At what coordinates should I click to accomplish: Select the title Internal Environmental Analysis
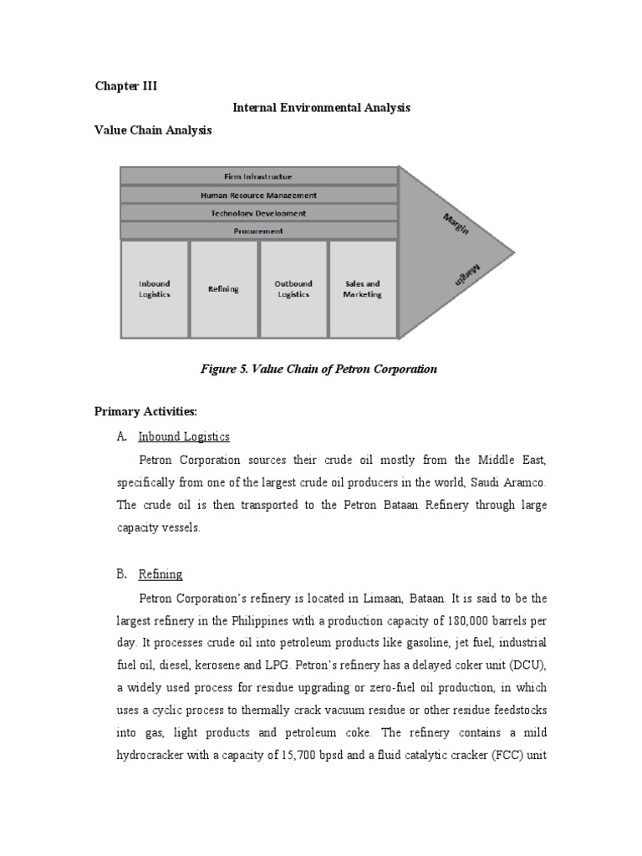(x=321, y=108)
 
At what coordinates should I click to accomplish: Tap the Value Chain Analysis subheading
(x=153, y=130)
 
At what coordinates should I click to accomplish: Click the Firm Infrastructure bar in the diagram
(x=258, y=176)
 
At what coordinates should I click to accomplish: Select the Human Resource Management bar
(x=258, y=195)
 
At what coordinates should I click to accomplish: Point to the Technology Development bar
(x=258, y=213)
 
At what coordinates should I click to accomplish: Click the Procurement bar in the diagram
(x=258, y=231)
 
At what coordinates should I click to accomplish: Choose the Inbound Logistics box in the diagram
(x=154, y=289)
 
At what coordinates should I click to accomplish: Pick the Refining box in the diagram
(x=223, y=289)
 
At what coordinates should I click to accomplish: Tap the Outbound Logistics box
(x=293, y=289)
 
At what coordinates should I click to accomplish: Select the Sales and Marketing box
(x=362, y=289)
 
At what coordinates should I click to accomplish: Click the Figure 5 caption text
(x=319, y=369)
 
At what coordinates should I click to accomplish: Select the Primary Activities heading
(x=146, y=413)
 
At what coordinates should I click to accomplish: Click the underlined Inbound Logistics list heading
(x=184, y=436)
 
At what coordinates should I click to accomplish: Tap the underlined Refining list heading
(x=160, y=574)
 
